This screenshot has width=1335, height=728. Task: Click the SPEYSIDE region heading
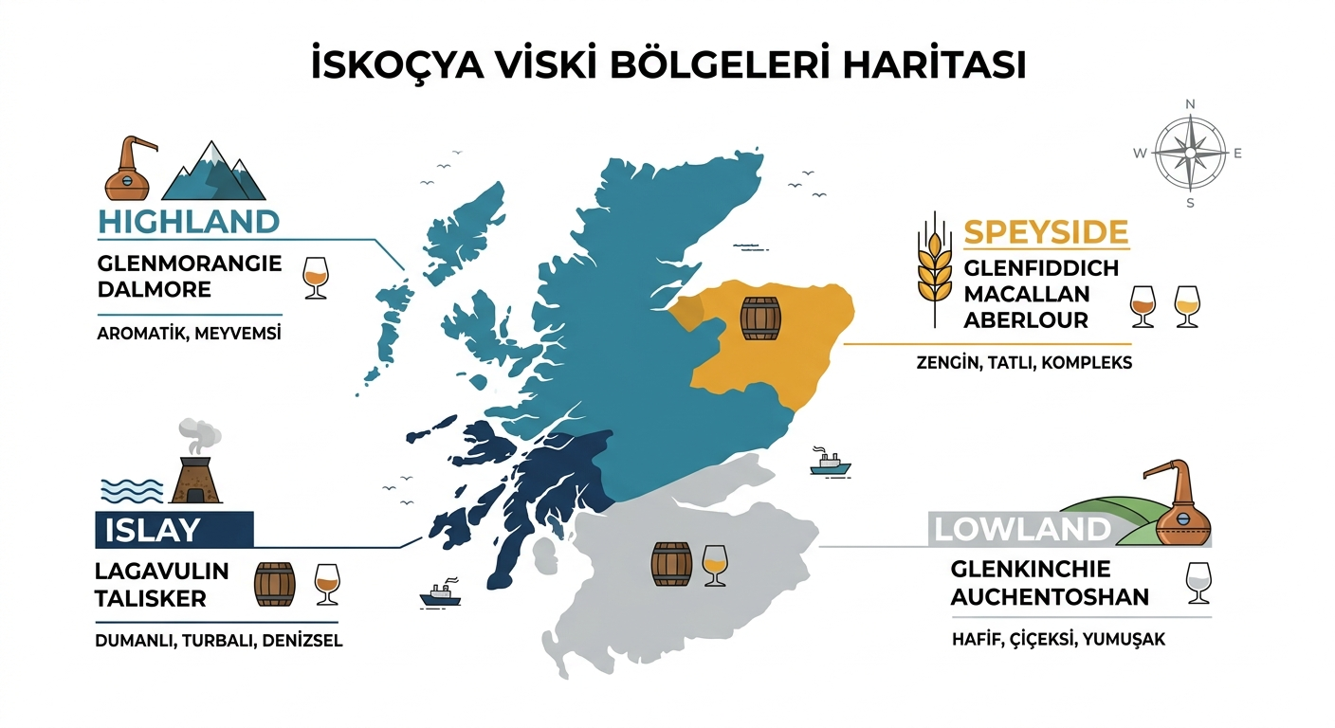tap(1046, 232)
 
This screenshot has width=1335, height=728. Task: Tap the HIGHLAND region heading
tap(189, 222)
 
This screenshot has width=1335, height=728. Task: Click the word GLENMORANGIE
tap(190, 264)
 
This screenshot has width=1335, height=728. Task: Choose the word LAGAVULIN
tap(162, 572)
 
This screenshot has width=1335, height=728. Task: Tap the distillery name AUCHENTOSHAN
tap(1050, 597)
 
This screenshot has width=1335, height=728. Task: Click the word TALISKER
tap(151, 599)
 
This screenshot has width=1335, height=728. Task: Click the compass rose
tap(1190, 153)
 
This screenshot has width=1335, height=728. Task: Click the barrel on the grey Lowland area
tap(671, 563)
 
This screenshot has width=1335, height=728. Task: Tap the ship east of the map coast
tap(831, 463)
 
